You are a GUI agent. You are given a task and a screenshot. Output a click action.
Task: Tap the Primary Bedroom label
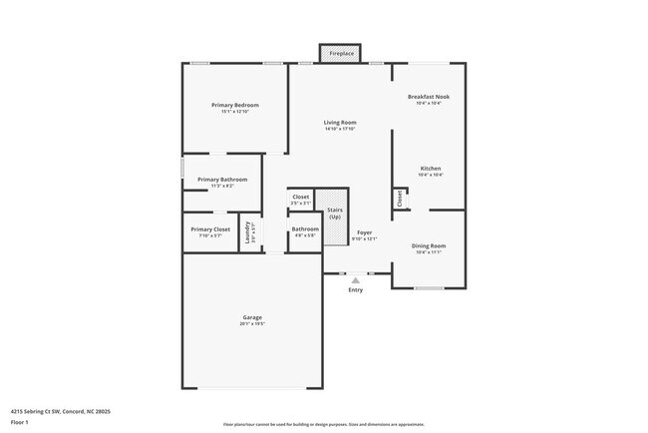pos(234,105)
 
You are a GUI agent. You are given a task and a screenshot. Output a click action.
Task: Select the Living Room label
pos(340,123)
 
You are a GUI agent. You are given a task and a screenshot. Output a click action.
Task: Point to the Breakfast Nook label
pos(429,97)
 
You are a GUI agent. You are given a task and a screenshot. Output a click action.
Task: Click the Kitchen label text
pos(430,169)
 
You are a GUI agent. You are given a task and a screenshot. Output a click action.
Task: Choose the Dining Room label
pos(429,245)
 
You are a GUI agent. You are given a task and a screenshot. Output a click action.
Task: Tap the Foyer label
pos(365,231)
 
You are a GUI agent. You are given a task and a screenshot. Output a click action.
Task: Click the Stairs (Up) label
pos(336,215)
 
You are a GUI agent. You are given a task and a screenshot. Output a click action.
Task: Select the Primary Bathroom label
pos(221,180)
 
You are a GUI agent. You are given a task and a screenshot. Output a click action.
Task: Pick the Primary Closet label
pos(210,229)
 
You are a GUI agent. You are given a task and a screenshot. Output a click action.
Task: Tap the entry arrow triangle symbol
pos(356,280)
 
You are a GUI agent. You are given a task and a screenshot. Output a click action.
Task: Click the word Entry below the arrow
pos(356,290)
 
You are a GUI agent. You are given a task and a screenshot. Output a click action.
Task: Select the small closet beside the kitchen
pos(400,199)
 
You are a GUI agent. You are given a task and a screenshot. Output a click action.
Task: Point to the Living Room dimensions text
pos(340,130)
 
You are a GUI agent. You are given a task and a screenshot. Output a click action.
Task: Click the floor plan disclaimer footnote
pos(323,424)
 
